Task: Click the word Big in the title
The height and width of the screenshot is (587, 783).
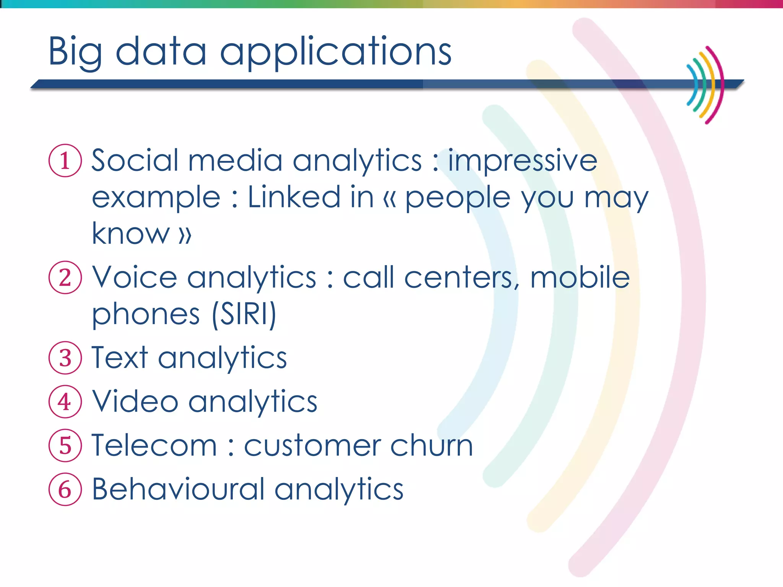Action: point(75,52)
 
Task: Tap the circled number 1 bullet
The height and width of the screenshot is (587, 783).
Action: point(65,161)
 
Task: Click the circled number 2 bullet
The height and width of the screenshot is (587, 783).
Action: point(65,277)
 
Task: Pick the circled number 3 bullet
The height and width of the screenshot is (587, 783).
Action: point(65,358)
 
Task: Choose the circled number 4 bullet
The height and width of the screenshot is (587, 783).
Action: point(65,402)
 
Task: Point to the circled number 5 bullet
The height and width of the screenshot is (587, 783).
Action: point(65,446)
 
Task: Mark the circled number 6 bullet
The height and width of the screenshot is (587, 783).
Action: point(65,490)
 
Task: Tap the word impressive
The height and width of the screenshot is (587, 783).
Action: point(522,161)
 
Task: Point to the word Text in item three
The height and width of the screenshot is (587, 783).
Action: point(119,358)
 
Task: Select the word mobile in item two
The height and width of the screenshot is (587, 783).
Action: point(580,277)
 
